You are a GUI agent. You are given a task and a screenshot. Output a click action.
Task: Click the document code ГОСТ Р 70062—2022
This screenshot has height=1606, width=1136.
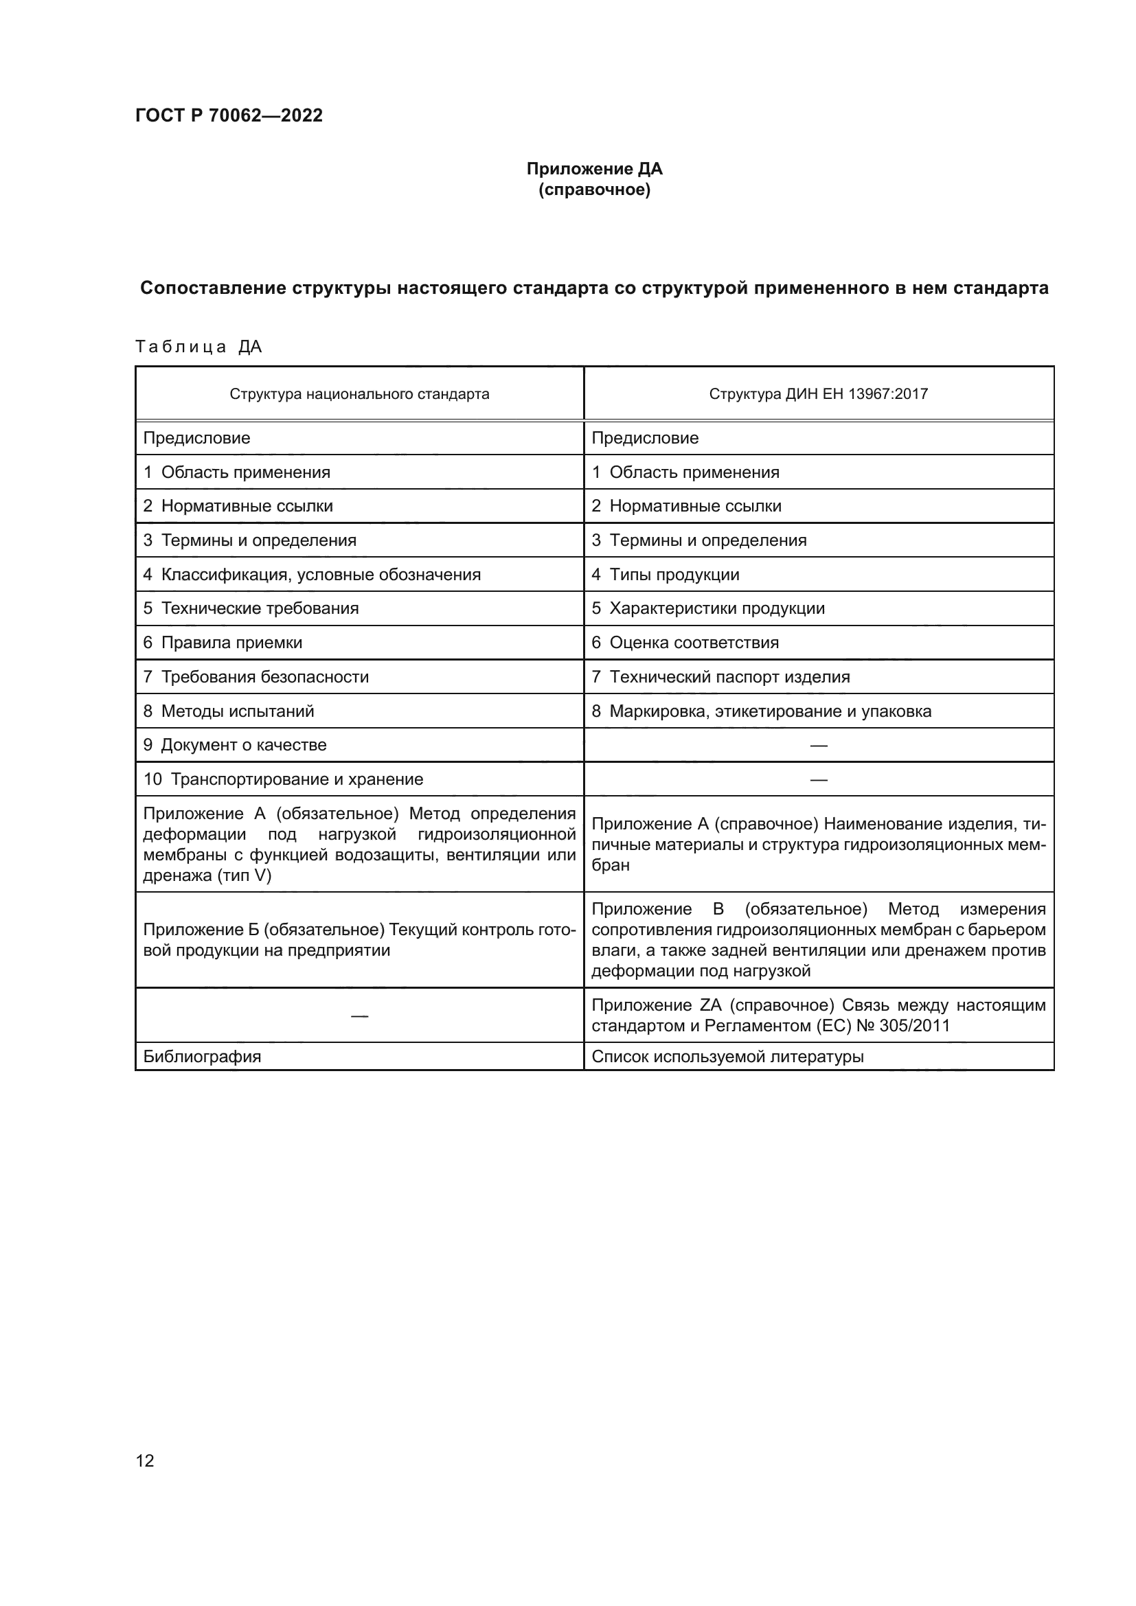(229, 115)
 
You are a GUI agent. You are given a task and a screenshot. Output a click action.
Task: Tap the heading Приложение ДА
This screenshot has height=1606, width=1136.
(594, 169)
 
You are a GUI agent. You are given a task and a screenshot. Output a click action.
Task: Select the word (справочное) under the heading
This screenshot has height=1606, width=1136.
(594, 190)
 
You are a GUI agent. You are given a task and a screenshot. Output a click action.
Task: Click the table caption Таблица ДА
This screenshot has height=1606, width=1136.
(198, 347)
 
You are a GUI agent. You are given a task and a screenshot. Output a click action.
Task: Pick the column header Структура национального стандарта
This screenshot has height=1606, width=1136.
(359, 394)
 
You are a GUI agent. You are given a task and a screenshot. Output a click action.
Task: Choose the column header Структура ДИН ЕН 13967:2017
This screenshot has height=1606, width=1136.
(818, 394)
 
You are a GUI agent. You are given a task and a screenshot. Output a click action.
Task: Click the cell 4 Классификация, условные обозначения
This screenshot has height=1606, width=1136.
(312, 574)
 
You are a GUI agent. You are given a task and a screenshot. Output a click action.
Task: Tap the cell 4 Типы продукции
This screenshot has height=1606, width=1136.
(666, 574)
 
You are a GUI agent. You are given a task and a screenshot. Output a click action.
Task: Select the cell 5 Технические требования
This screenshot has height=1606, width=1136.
(251, 608)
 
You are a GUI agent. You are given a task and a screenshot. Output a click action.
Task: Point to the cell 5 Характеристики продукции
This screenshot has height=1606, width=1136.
(708, 608)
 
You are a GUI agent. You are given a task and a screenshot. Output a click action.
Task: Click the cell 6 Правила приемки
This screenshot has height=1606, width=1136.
(223, 642)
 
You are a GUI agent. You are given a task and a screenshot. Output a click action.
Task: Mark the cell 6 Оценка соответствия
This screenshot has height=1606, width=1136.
(685, 642)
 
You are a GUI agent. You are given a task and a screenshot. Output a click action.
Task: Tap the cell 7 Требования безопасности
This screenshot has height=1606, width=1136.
(256, 676)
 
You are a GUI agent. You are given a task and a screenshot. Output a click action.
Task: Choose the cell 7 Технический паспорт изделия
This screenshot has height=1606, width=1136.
(720, 676)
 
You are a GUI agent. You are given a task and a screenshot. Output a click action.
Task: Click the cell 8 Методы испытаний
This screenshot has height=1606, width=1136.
(229, 711)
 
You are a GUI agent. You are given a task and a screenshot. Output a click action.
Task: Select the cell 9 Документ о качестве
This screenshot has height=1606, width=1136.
(235, 744)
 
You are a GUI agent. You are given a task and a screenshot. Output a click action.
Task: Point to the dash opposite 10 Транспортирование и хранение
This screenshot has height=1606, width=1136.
(819, 779)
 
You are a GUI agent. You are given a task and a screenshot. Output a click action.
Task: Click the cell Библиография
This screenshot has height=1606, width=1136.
(202, 1056)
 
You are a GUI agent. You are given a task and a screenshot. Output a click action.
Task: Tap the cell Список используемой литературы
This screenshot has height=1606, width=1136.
(727, 1056)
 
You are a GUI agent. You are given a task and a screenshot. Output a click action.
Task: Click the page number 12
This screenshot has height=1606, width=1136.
(145, 1460)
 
